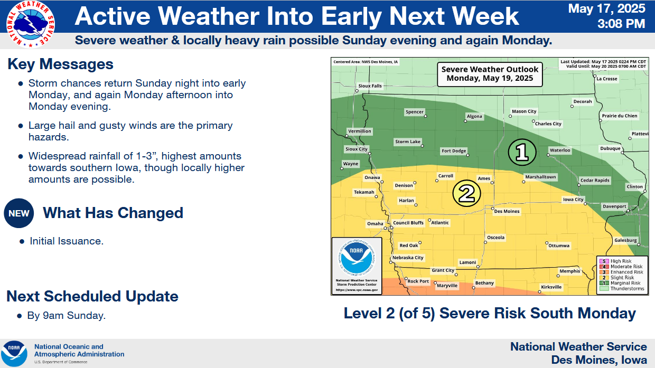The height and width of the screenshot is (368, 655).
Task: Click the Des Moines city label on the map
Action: [507, 211]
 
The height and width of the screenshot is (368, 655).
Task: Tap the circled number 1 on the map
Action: [522, 152]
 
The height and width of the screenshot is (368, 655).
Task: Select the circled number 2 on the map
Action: [467, 194]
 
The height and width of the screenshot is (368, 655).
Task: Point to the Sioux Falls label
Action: [370, 86]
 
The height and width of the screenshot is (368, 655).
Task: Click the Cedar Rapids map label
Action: [595, 180]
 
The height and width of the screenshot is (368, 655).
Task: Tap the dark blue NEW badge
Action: [19, 213]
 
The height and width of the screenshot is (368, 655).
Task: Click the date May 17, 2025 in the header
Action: [606, 8]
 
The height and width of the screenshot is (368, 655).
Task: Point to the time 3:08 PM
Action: [621, 24]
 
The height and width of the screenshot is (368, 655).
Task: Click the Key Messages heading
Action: [60, 64]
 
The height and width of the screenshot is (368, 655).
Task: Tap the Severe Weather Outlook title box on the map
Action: [490, 74]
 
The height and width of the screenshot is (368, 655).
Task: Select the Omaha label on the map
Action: [375, 224]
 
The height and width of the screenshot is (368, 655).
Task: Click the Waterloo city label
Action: [560, 150]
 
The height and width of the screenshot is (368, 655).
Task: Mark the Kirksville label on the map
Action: [551, 287]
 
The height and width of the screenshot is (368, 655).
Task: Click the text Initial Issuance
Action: [66, 241]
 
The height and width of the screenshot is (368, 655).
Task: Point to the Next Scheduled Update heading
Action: [92, 296]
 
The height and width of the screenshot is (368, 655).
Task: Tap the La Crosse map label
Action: [607, 79]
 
